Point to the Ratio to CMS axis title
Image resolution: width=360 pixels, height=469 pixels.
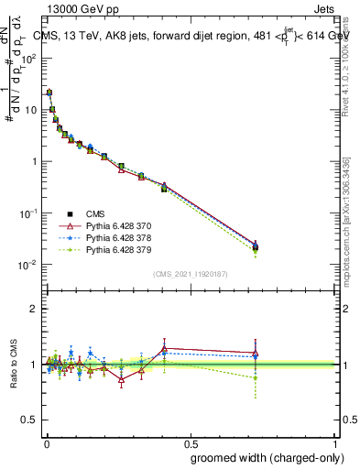(16, 365)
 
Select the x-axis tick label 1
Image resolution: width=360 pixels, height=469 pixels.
(335, 442)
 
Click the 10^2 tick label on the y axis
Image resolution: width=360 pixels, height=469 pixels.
(27, 58)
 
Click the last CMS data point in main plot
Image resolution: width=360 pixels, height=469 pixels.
(256, 247)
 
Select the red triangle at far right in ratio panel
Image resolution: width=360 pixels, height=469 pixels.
(256, 354)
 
